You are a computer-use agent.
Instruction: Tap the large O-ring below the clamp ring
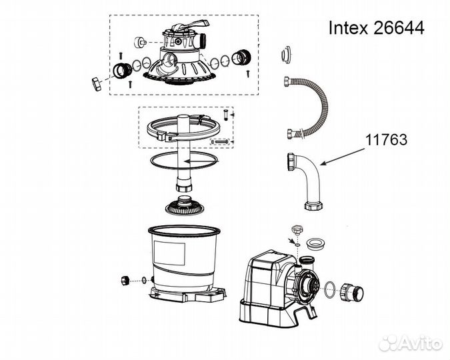pyautogui.click(x=183, y=161)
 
